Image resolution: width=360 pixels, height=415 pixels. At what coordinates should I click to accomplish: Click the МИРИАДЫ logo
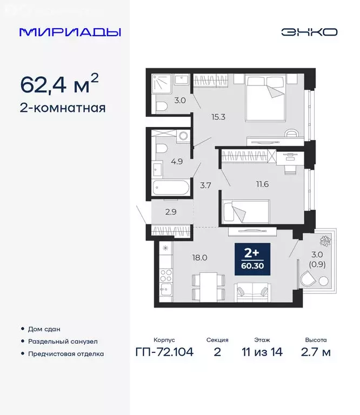(70, 32)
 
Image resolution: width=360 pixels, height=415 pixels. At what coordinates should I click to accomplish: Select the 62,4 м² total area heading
(59, 84)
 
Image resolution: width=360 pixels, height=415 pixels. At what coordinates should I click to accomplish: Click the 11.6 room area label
(263, 184)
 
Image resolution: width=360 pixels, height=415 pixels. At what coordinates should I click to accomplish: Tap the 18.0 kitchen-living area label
(200, 258)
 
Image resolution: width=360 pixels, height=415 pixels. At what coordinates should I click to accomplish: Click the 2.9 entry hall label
(170, 211)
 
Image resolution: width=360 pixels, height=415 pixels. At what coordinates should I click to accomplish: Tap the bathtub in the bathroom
(170, 189)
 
